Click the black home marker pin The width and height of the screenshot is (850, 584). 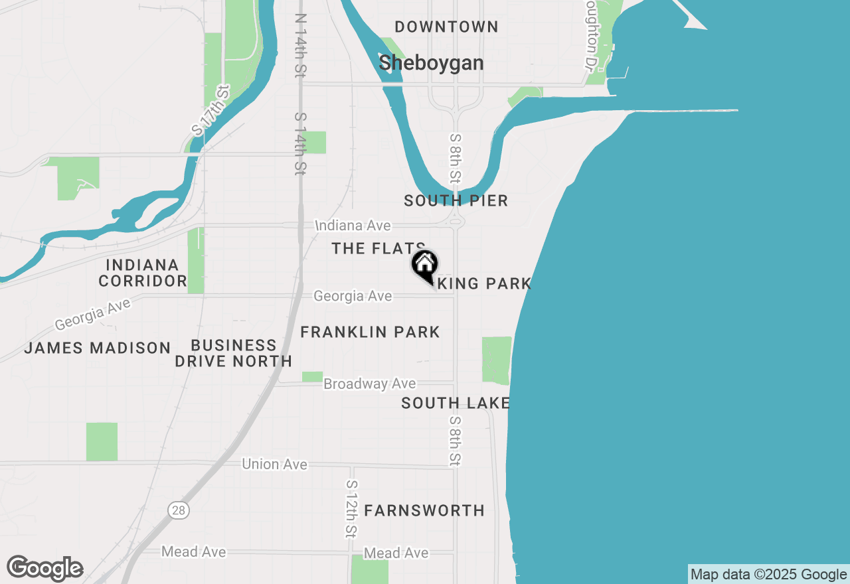tap(424, 265)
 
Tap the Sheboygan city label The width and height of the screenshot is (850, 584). tap(431, 63)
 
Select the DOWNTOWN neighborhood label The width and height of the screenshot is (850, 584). tap(446, 27)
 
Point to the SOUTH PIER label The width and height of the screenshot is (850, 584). tap(456, 200)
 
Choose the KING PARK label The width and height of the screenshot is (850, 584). tap(491, 284)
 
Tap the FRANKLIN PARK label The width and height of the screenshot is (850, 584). tap(370, 332)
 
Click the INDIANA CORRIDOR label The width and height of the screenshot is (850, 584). tap(142, 273)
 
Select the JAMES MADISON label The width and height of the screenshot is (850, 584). tap(98, 348)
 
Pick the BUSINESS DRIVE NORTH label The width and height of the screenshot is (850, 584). tap(233, 353)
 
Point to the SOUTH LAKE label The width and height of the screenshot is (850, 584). tap(456, 403)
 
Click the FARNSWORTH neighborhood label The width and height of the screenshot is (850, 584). tap(424, 510)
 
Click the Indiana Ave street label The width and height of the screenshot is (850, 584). tap(353, 226)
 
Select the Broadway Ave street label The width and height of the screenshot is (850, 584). tap(370, 384)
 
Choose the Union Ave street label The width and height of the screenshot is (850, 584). tap(274, 464)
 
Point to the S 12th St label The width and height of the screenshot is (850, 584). tap(351, 509)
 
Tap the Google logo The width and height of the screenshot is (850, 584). tap(44, 568)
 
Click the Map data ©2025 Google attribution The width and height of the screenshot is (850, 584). tap(769, 575)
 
